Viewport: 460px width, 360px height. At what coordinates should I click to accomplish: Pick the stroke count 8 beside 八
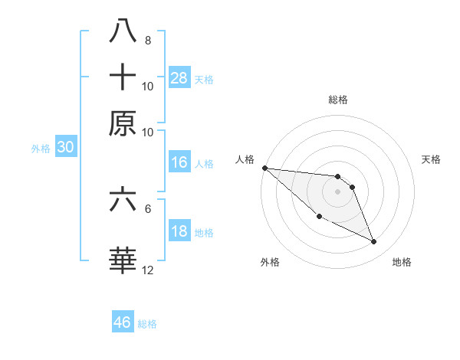click(147, 41)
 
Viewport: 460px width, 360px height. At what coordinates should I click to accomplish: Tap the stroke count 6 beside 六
click(147, 208)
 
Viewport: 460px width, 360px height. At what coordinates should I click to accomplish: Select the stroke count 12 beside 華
click(149, 270)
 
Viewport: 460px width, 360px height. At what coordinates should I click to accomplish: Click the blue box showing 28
click(179, 77)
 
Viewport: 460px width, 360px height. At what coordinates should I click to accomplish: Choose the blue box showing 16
click(179, 162)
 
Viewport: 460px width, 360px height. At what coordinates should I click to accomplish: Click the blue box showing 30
click(65, 148)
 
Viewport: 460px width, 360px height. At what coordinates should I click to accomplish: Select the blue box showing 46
click(123, 322)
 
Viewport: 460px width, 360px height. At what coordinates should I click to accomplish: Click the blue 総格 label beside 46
click(147, 324)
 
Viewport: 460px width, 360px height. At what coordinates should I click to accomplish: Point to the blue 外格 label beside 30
click(41, 149)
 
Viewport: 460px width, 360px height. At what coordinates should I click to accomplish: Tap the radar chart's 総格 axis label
click(338, 100)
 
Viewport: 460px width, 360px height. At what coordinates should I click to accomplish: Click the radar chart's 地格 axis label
click(402, 262)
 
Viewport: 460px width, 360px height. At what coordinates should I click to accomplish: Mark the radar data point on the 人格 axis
click(264, 168)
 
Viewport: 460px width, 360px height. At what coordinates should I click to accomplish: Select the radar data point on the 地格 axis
click(374, 242)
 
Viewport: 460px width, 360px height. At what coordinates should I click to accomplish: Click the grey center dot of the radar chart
click(338, 191)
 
